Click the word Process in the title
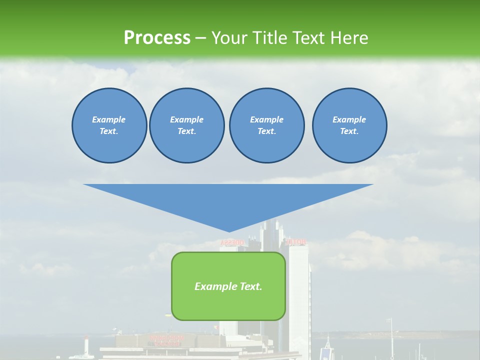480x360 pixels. (157, 37)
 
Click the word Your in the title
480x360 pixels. (229, 37)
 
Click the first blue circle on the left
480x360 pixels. (109, 125)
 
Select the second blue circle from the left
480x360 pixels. (186, 125)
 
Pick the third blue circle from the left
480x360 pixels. (266, 125)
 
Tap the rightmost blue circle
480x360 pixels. (349, 125)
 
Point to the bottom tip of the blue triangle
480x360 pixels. (229, 231)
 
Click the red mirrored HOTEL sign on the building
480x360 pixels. (295, 242)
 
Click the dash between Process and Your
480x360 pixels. (200, 37)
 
